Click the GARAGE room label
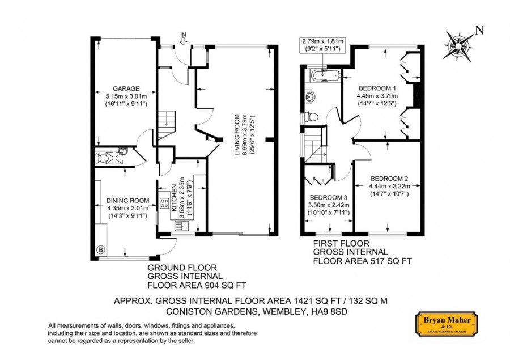[x=126, y=88]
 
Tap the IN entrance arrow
[x=184, y=41]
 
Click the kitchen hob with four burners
[x=164, y=204]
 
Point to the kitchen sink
[x=182, y=226]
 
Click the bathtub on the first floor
[x=325, y=76]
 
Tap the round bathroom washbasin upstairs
[x=310, y=97]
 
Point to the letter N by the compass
[x=479, y=30]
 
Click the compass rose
[x=458, y=46]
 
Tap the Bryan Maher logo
[x=447, y=324]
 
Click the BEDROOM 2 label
[x=389, y=179]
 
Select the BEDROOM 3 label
[x=329, y=198]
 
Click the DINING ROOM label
[x=128, y=201]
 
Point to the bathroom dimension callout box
[x=322, y=45]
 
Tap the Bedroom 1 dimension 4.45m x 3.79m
[x=377, y=96]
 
